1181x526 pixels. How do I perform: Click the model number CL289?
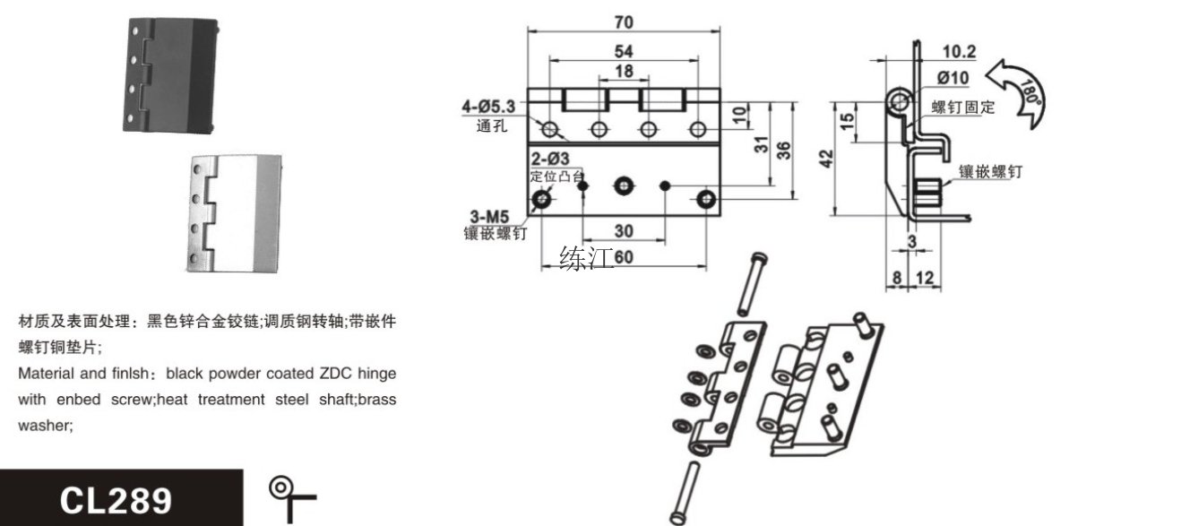pos(116,499)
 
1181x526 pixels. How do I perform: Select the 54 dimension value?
pos(625,51)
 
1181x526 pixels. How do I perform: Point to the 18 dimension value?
pos(624,72)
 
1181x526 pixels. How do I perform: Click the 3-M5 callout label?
pos(489,215)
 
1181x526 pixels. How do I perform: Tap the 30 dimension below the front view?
pos(624,231)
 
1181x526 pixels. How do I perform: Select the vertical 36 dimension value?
pos(783,150)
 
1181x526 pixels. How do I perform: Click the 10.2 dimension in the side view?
pos(960,51)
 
